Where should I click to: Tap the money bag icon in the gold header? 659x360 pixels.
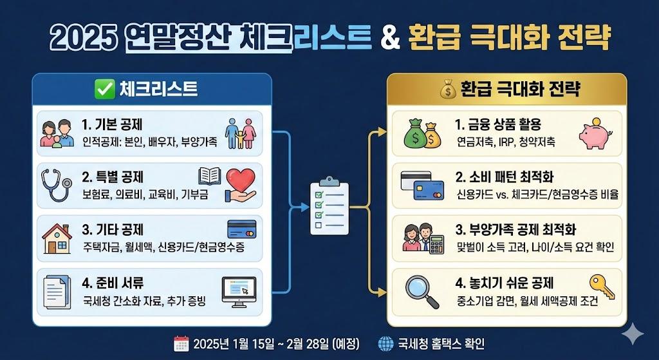pos(447,89)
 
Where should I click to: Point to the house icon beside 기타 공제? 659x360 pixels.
pos(57,238)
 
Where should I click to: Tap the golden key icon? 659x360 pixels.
pos(602,283)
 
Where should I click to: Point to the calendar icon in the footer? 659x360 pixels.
pos(181,343)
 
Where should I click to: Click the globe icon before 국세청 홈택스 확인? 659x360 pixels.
pos(387,343)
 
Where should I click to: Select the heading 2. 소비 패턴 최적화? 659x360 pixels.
pos(505,177)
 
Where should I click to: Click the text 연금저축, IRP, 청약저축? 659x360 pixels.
pos(506,141)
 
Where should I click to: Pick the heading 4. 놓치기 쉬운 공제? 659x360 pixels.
pos(504,283)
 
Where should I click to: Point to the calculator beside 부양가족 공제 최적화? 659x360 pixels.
pos(438,243)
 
